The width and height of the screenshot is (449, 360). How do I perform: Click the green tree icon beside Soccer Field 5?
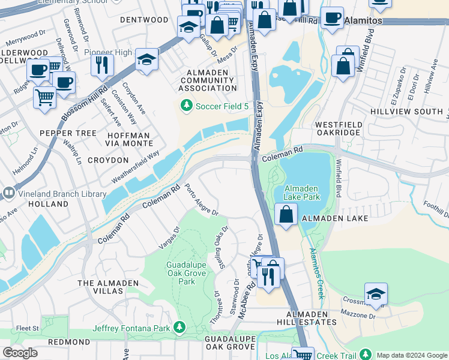click(x=187, y=106)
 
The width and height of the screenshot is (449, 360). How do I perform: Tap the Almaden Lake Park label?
click(x=301, y=192)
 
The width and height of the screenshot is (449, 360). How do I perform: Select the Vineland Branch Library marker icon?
click(x=8, y=193)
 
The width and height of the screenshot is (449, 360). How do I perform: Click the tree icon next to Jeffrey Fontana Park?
click(x=178, y=327)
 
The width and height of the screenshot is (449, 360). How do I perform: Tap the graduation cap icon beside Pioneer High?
click(x=145, y=59)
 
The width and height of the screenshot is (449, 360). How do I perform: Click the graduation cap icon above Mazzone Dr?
click(x=376, y=293)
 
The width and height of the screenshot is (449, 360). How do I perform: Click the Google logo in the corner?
click(x=20, y=353)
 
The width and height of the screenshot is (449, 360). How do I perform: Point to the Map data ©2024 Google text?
click(x=411, y=355)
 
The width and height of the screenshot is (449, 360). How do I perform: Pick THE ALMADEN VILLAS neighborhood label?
click(x=108, y=287)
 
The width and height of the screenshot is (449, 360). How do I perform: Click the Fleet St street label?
click(x=28, y=328)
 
